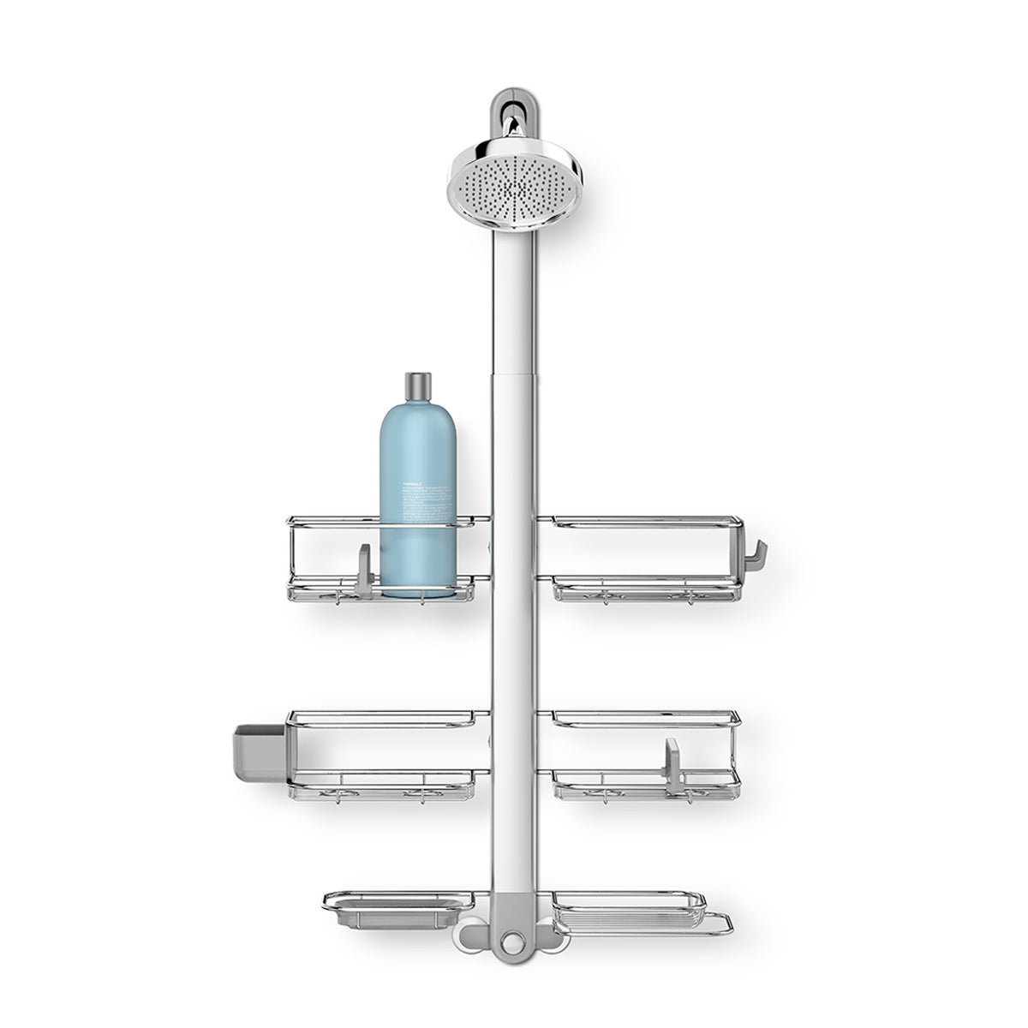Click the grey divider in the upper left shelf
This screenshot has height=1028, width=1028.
click(364, 569)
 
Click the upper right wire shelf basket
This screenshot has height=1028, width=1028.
click(642, 557)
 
